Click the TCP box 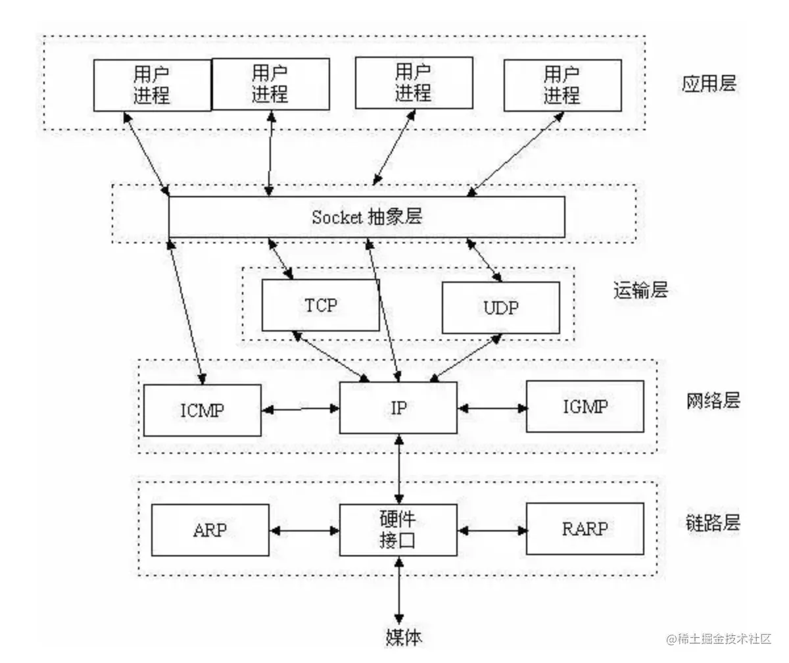[x=320, y=305]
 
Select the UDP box [x=500, y=307]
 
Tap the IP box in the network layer [x=398, y=408]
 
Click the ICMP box [x=202, y=410]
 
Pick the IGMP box [x=585, y=405]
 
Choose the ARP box [x=210, y=529]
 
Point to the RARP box [x=585, y=528]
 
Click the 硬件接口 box [x=398, y=529]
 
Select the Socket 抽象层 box [x=366, y=217]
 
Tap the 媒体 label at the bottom [x=402, y=636]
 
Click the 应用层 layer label [x=709, y=84]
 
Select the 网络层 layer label [x=712, y=400]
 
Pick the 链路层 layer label [x=712, y=523]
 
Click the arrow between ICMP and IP [x=300, y=409]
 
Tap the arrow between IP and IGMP [x=492, y=408]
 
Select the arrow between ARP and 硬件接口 [x=304, y=529]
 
